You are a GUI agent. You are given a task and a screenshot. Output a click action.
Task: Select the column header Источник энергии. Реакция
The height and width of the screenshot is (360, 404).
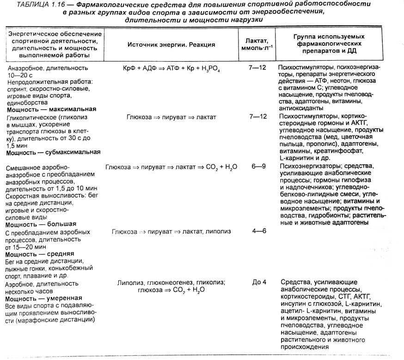(x=170, y=44)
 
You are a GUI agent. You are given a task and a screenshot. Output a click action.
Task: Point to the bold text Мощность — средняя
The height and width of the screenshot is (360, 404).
(x=40, y=254)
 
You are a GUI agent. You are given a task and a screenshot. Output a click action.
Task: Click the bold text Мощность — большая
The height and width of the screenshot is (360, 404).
(x=41, y=224)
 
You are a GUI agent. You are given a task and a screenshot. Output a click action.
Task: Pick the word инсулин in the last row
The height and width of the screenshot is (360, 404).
(x=292, y=304)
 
